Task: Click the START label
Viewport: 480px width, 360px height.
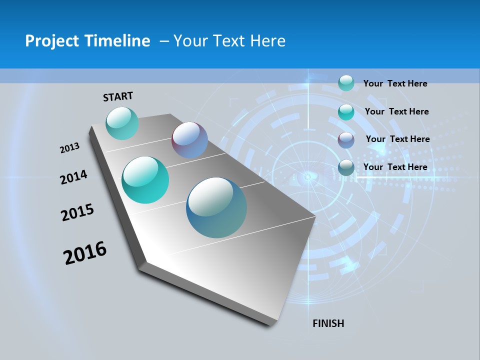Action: (x=118, y=96)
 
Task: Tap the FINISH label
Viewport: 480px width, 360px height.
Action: (x=328, y=323)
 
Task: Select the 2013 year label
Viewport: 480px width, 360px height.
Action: (x=69, y=148)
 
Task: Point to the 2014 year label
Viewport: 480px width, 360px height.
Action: (x=73, y=177)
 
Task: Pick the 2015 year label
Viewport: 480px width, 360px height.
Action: (x=77, y=212)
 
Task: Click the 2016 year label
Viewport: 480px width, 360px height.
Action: (x=85, y=253)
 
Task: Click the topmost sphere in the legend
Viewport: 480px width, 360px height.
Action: (x=346, y=83)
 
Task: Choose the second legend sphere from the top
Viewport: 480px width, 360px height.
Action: (x=346, y=112)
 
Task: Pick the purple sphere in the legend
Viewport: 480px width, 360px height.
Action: (x=346, y=140)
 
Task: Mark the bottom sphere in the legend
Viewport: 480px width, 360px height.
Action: (x=346, y=168)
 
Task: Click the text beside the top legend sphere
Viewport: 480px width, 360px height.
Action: (x=395, y=83)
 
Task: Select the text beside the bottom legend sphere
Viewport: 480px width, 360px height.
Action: (x=395, y=167)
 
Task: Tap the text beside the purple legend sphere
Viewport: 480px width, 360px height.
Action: (x=397, y=139)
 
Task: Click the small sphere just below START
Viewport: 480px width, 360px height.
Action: (x=122, y=123)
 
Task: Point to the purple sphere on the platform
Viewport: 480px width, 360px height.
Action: (x=189, y=140)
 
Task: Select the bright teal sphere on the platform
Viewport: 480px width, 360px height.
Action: (x=145, y=180)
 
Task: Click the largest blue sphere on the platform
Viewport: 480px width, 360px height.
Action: (x=216, y=207)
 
